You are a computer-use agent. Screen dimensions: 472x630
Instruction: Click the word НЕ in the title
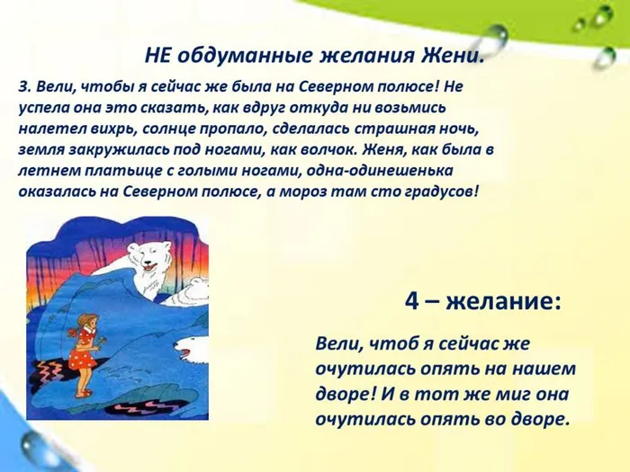[x=158, y=56]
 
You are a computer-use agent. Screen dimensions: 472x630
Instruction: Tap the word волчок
[x=379, y=150]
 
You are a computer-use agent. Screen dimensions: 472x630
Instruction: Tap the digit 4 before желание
[x=412, y=302]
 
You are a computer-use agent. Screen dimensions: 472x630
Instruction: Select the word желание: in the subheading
[x=503, y=302]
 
